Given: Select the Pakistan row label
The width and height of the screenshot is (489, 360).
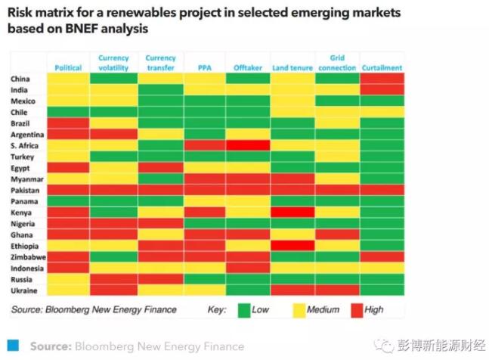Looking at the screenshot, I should (25, 191).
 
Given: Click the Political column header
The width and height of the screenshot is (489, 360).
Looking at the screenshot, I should (69, 68).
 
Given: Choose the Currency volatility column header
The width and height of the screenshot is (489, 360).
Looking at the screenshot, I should (114, 63).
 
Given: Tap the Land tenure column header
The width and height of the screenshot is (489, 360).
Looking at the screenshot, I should (292, 68).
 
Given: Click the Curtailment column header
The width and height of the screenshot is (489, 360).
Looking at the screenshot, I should (382, 68).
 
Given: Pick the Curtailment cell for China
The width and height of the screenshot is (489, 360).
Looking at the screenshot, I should (382, 79).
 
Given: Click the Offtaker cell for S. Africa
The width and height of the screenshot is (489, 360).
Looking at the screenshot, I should (248, 145).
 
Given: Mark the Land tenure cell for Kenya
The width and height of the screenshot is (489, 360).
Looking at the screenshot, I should (292, 213).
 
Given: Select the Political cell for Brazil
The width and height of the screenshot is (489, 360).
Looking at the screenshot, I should (69, 123).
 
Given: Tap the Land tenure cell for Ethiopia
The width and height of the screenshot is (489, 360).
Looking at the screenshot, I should (292, 246).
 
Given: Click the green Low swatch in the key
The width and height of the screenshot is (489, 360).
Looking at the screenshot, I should (244, 309).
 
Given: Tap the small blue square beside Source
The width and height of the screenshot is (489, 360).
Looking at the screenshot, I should (12, 345).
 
